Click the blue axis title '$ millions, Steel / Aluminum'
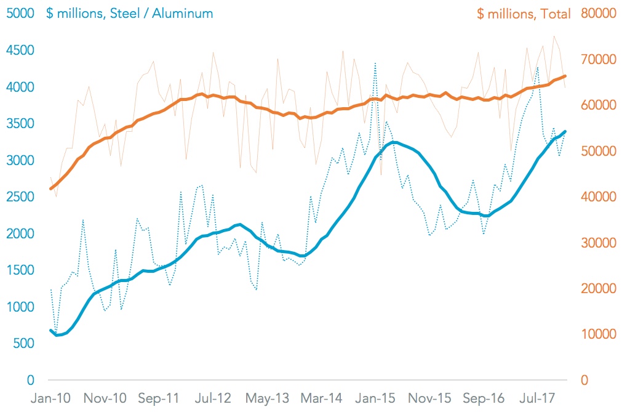click(129, 13)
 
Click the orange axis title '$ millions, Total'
click(524, 13)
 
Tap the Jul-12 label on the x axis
click(213, 398)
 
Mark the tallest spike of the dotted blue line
click(375, 63)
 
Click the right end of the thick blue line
click(565, 131)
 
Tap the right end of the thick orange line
click(565, 76)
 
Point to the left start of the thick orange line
click(50, 188)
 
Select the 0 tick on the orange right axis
click(584, 380)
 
